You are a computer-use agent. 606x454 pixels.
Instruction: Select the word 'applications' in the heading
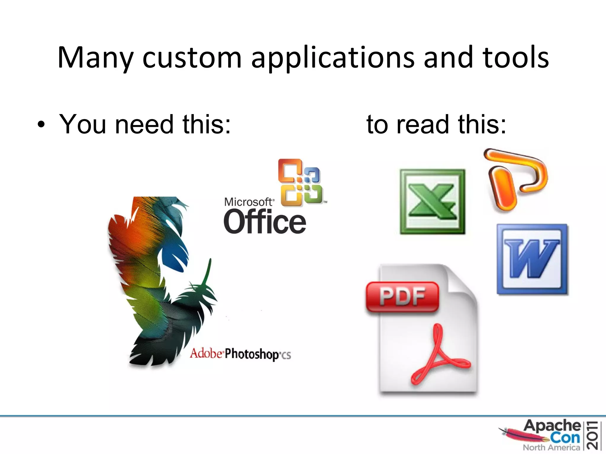pyautogui.click(x=333, y=58)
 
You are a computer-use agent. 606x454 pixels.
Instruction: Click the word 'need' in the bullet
pyautogui.click(x=144, y=124)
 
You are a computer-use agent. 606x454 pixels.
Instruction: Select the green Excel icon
pyautogui.click(x=432, y=202)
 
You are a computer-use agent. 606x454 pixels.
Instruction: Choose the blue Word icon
pyautogui.click(x=532, y=259)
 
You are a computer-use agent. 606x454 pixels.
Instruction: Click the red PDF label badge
pyautogui.click(x=402, y=296)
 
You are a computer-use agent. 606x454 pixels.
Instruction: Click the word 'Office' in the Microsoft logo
pyautogui.click(x=265, y=222)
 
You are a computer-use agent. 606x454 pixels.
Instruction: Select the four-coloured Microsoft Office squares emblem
pyautogui.click(x=300, y=183)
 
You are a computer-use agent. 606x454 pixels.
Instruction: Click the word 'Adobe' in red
pyautogui.click(x=206, y=354)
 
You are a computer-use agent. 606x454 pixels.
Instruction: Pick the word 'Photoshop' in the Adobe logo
pyautogui.click(x=252, y=354)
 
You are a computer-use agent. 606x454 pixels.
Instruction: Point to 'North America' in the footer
pyautogui.click(x=551, y=447)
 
